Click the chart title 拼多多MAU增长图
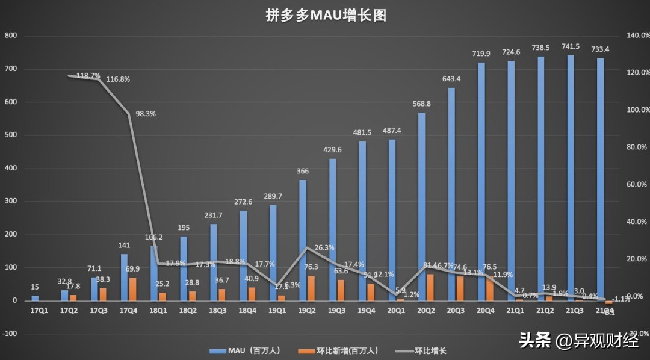(x=326, y=16)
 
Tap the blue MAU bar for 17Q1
(x=35, y=298)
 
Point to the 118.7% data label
(x=84, y=76)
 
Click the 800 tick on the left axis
(x=11, y=36)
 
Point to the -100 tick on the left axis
(x=10, y=334)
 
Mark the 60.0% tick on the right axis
(x=637, y=184)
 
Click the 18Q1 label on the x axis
(x=157, y=311)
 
